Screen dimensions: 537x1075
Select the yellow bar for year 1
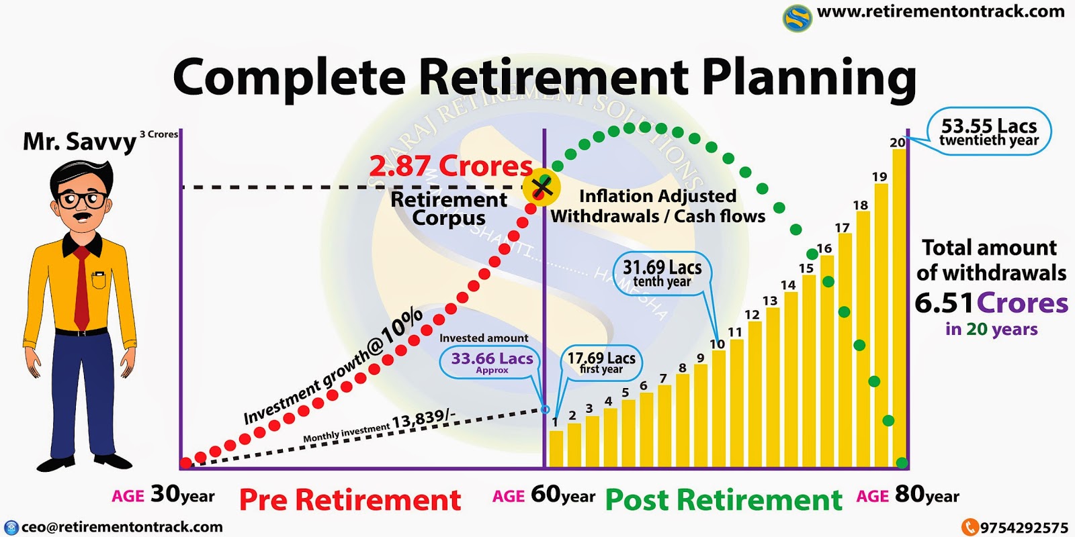point(556,448)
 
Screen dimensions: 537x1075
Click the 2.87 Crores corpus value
point(451,166)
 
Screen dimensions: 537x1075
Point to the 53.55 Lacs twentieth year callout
point(989,132)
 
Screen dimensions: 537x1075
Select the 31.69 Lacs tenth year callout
point(662,273)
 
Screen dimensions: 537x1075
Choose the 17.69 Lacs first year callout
point(601,362)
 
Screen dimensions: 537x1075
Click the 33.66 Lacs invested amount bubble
point(492,361)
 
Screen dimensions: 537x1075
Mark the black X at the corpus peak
point(542,187)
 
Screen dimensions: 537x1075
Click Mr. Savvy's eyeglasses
point(81,200)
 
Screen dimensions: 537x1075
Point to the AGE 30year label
point(163,495)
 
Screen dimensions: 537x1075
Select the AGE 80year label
point(908,495)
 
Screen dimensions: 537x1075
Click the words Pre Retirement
point(350,500)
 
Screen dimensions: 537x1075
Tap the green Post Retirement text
point(724,500)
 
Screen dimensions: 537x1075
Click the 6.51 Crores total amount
point(991,303)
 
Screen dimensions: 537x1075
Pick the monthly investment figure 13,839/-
point(423,420)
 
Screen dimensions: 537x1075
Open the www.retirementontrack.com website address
point(941,11)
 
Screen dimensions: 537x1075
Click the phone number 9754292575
point(1023,528)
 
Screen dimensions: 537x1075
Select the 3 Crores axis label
point(159,134)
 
